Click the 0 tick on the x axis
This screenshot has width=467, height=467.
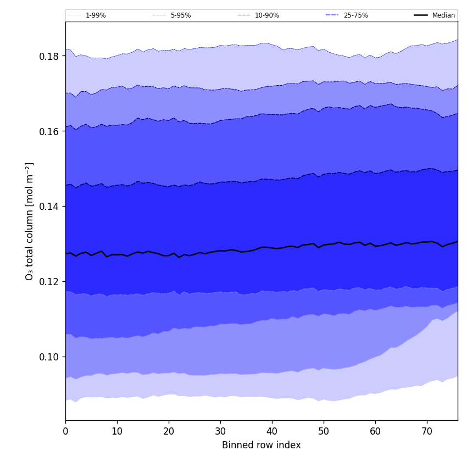(65, 431)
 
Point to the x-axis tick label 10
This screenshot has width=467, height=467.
(117, 431)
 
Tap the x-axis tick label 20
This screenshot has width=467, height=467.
(169, 431)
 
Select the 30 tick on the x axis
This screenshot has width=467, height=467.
(220, 431)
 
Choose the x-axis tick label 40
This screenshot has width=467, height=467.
(272, 431)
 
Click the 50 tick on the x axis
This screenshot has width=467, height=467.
(324, 431)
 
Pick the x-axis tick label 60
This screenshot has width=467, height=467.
(375, 431)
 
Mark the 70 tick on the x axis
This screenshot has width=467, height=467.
(427, 431)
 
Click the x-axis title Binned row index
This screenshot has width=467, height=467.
(262, 446)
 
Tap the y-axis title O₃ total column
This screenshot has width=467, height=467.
(30, 221)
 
